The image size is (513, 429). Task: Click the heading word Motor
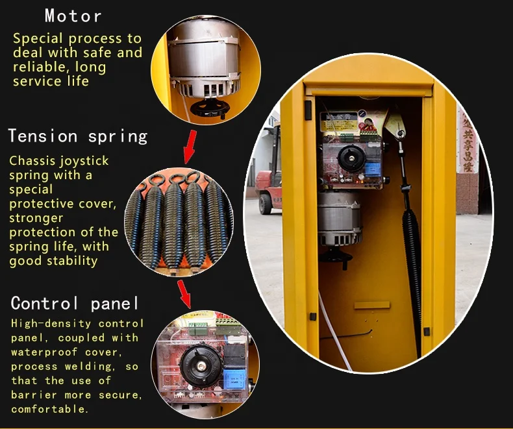[73, 16]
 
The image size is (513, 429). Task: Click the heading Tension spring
[78, 136]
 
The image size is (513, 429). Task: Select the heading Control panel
[75, 303]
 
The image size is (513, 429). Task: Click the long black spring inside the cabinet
[412, 260]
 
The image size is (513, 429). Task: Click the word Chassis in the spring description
[32, 160]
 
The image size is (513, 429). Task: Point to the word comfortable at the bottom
[49, 409]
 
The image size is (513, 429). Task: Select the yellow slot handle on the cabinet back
[371, 304]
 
